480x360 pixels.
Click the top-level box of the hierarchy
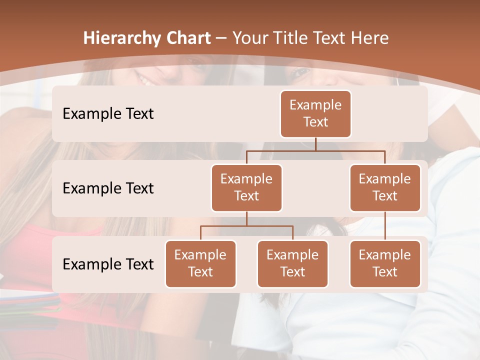(x=315, y=113)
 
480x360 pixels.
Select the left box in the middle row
(x=246, y=187)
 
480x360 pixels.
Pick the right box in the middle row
(x=385, y=187)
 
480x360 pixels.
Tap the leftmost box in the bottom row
(x=200, y=263)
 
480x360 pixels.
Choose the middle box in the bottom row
(x=292, y=263)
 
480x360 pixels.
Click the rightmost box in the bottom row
(x=385, y=263)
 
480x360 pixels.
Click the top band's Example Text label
(x=108, y=114)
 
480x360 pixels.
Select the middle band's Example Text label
(x=108, y=188)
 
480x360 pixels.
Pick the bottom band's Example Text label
(x=108, y=264)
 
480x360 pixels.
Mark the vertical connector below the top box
(x=315, y=144)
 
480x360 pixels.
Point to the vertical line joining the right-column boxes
(x=385, y=225)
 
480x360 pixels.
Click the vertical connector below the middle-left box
(x=246, y=218)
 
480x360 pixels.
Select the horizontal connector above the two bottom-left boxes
(x=246, y=226)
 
